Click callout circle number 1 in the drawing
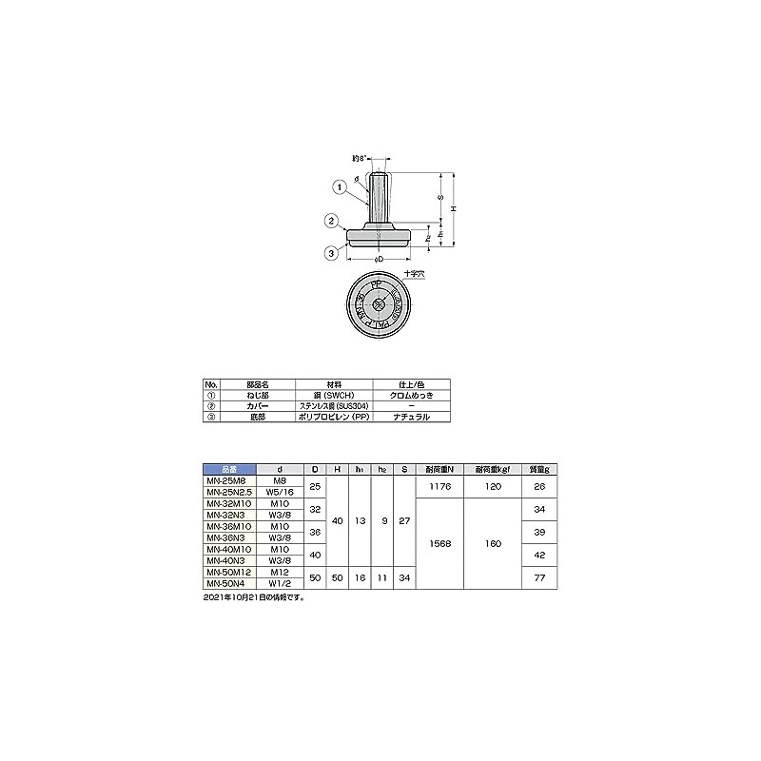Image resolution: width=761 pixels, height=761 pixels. [340, 187]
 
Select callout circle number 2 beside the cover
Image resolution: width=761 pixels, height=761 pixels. [331, 222]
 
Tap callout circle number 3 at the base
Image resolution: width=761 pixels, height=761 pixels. [330, 253]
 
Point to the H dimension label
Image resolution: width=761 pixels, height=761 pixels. [455, 208]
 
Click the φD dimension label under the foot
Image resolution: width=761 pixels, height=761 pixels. [378, 258]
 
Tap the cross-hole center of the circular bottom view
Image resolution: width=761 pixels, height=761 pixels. [379, 304]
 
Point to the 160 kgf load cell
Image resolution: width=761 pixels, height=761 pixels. [492, 544]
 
